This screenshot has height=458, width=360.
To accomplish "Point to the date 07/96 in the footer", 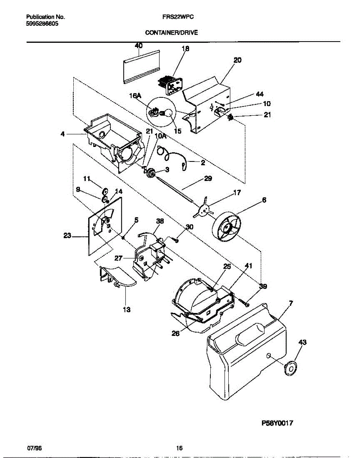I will tap(34, 447).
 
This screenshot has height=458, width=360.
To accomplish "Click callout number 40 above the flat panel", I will tap(139, 45).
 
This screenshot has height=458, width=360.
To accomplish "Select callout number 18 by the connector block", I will tap(186, 48).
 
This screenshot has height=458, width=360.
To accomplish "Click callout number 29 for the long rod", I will tap(208, 178).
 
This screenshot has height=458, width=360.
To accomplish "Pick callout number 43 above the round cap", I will tap(302, 342).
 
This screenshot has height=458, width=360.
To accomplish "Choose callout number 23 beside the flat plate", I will tap(67, 236).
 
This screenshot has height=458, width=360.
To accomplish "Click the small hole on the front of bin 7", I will tap(269, 356).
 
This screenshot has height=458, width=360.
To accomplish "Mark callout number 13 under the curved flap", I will tap(126, 310).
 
